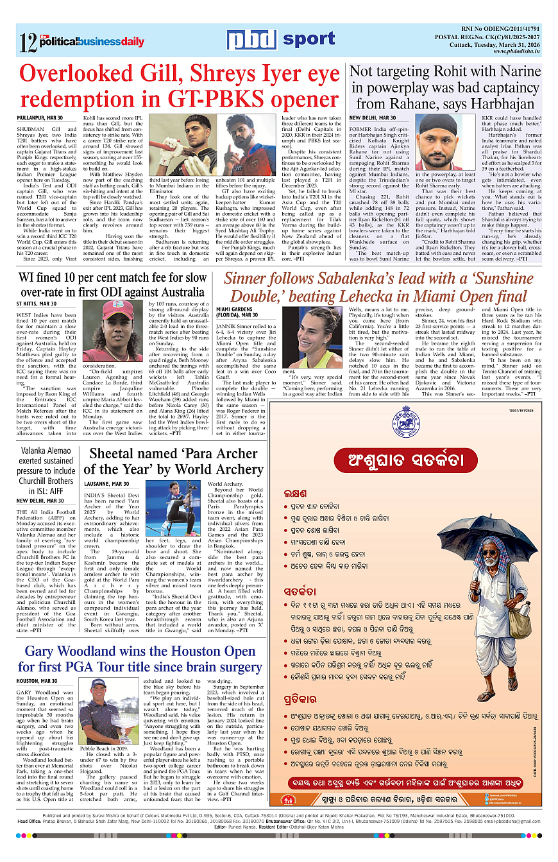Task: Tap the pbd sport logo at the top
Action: (280, 40)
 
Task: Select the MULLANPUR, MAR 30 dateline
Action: (40, 118)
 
